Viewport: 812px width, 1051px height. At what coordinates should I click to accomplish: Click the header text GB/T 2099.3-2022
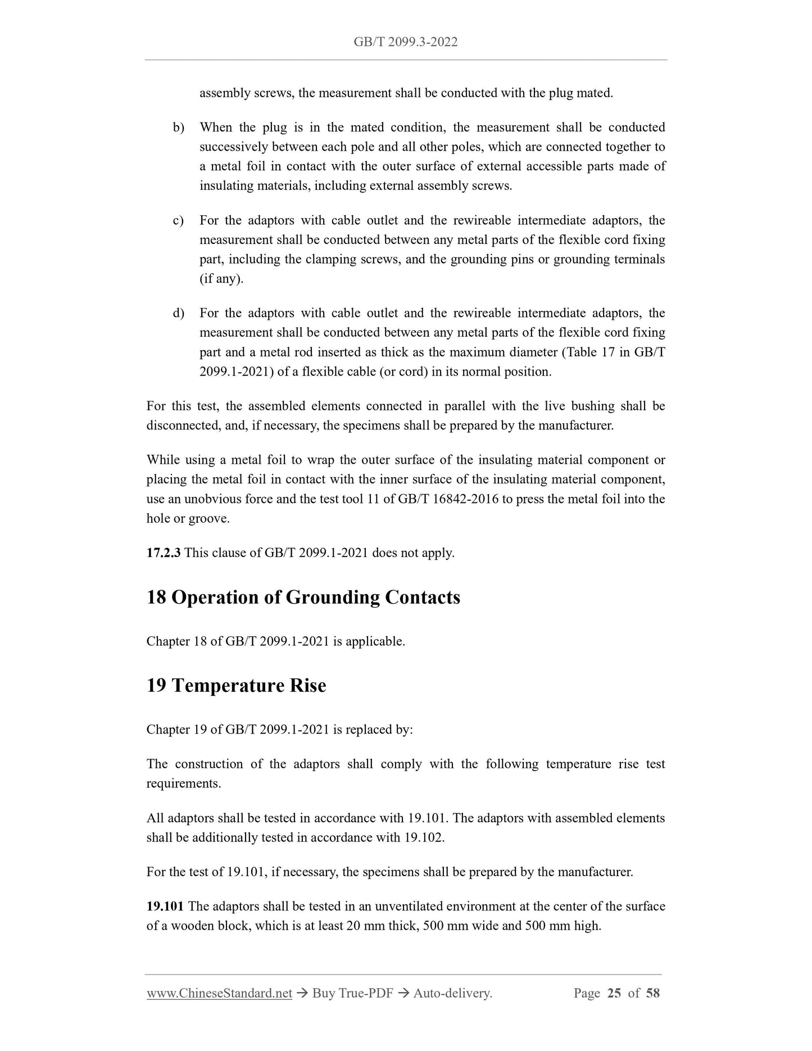click(x=405, y=42)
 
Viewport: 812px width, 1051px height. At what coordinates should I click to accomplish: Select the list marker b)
click(x=178, y=128)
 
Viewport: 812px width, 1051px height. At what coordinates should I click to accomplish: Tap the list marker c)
click(x=178, y=220)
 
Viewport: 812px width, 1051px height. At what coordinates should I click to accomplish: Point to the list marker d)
click(x=178, y=313)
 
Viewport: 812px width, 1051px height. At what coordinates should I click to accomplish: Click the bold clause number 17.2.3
click(x=164, y=553)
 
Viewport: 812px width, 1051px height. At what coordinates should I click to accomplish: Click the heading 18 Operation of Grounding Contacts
click(x=303, y=597)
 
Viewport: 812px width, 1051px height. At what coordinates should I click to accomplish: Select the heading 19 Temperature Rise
click(x=236, y=686)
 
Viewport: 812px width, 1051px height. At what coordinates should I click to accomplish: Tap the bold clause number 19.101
click(x=165, y=907)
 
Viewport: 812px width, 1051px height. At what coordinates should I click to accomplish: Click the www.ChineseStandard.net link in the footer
click(x=219, y=994)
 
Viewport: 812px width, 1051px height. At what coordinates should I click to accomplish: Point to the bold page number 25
click(x=614, y=994)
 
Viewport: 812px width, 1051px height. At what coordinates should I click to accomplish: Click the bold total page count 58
click(x=653, y=994)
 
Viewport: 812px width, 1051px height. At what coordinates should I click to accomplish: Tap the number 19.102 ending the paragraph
click(x=423, y=837)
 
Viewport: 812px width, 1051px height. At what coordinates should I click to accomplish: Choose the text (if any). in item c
click(x=221, y=279)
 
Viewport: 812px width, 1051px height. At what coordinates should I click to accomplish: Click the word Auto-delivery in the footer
click(x=452, y=994)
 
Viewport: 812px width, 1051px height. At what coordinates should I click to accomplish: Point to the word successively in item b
click(x=234, y=147)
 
